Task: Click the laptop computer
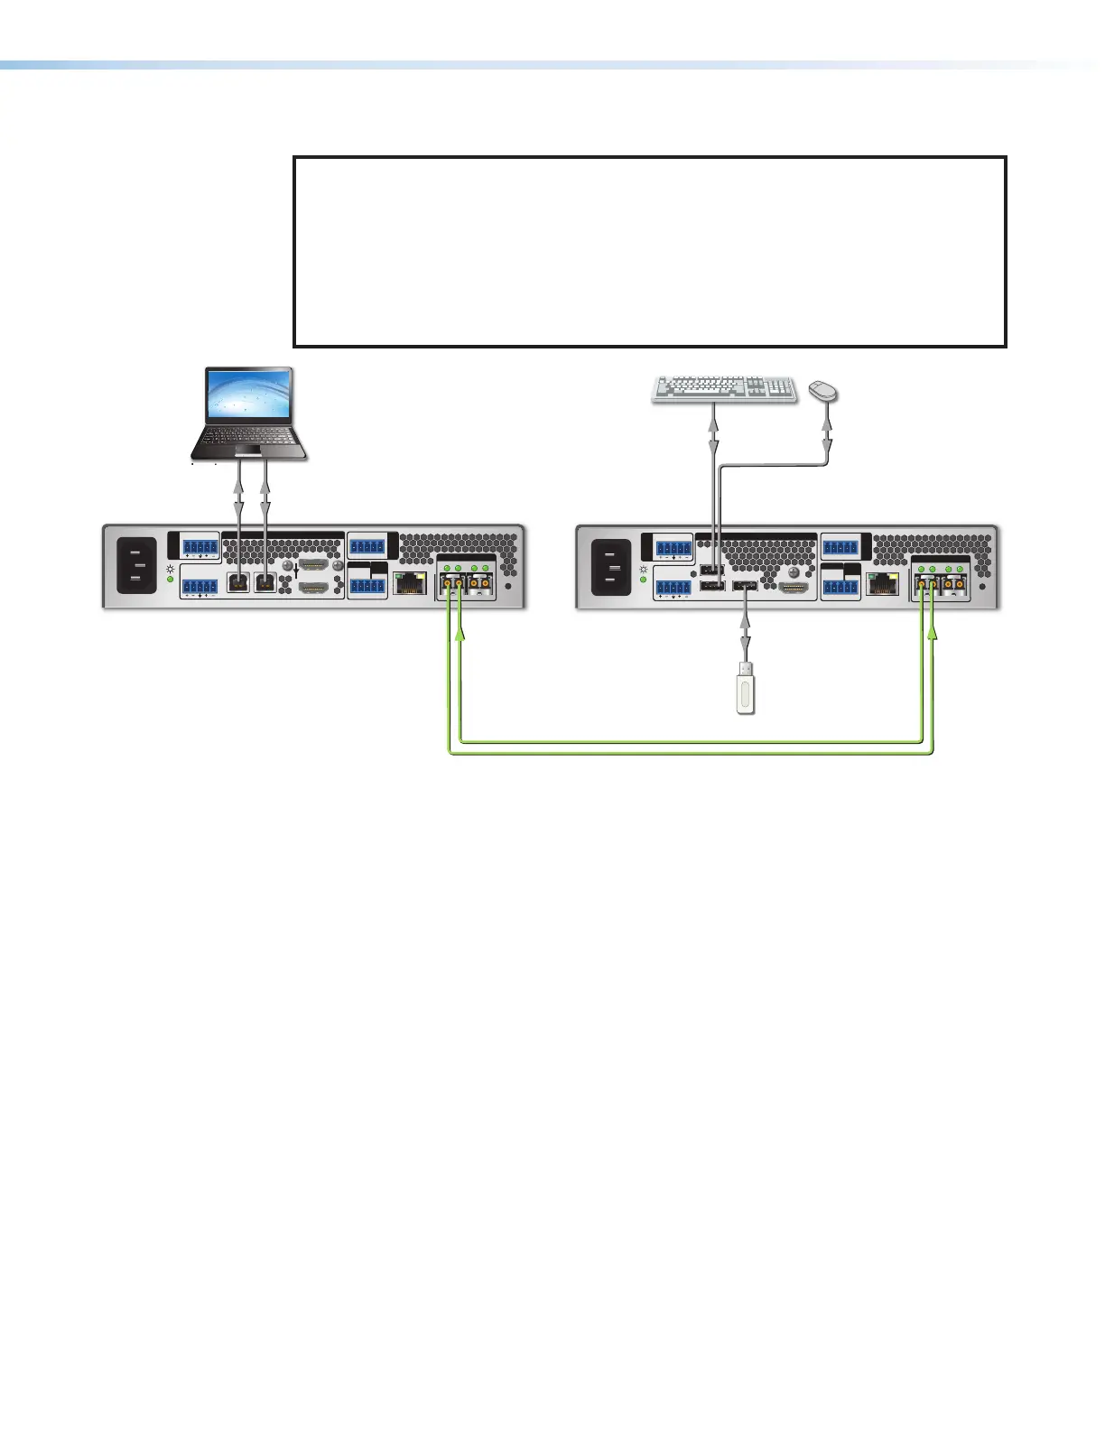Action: tap(249, 413)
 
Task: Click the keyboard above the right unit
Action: tap(725, 389)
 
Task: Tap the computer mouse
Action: tap(823, 390)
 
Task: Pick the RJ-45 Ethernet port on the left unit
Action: tap(411, 583)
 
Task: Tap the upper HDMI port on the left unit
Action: tap(312, 564)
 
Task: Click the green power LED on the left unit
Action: tap(172, 579)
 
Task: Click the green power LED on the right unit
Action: tap(645, 579)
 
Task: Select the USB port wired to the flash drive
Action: tap(745, 589)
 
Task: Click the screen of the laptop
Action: tap(249, 395)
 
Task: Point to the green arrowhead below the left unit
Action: tap(460, 636)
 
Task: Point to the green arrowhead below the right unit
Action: tap(933, 636)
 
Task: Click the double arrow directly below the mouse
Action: tap(828, 433)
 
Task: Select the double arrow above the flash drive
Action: tap(745, 632)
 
